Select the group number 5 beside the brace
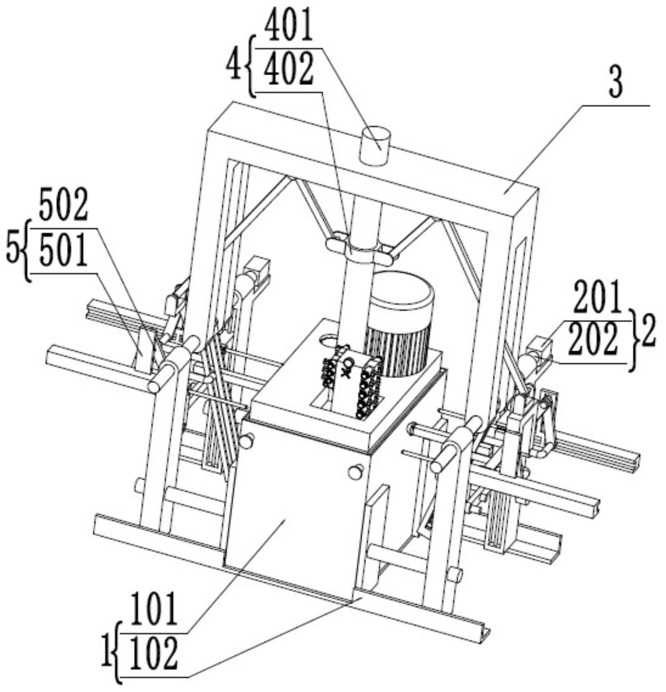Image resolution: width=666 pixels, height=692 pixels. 13,251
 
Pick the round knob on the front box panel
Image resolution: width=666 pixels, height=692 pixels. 356,471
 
